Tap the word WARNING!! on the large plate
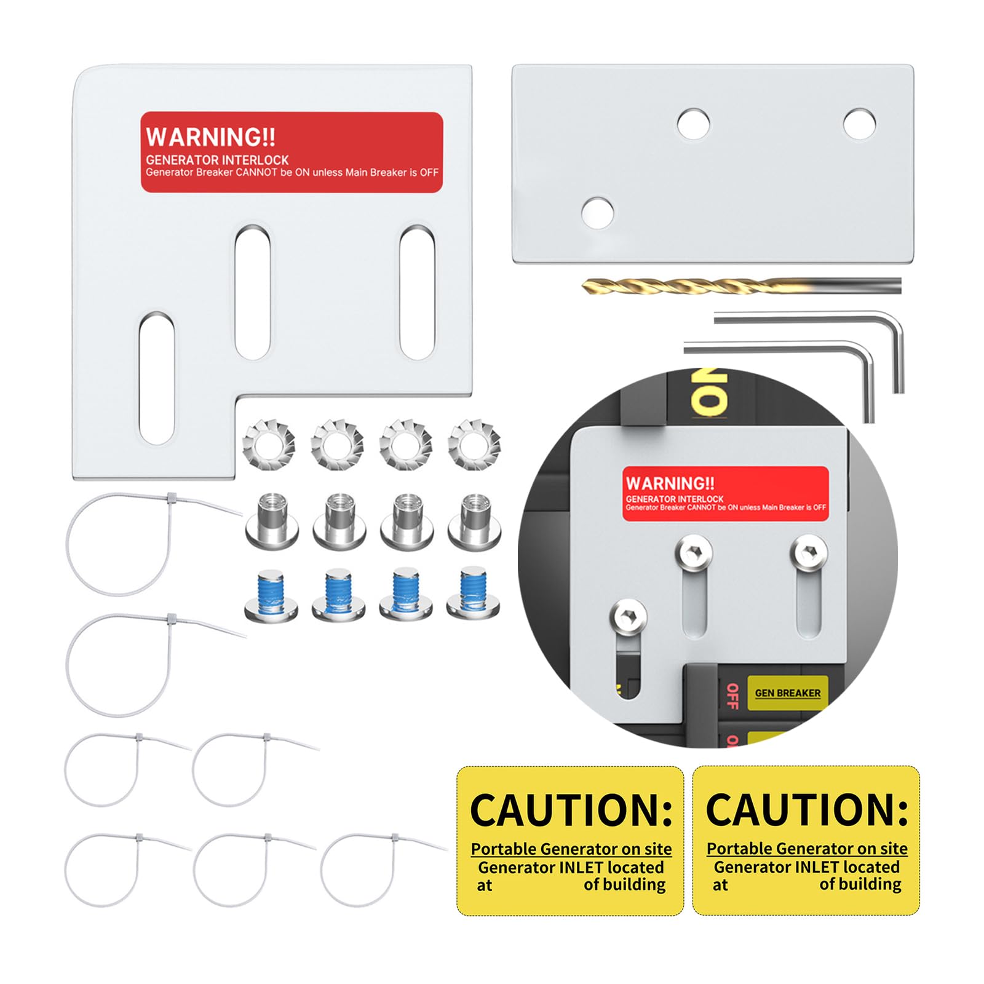click(210, 137)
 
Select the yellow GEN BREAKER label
click(787, 693)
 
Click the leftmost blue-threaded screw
click(271, 595)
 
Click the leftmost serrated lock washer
click(269, 443)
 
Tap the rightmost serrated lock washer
click(474, 443)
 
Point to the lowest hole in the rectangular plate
click(597, 212)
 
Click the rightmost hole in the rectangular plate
click(859, 124)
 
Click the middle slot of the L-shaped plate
click(253, 292)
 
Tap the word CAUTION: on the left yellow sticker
click(571, 809)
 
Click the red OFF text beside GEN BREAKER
click(732, 696)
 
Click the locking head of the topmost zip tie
click(172, 497)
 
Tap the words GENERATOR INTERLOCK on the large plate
click(217, 160)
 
